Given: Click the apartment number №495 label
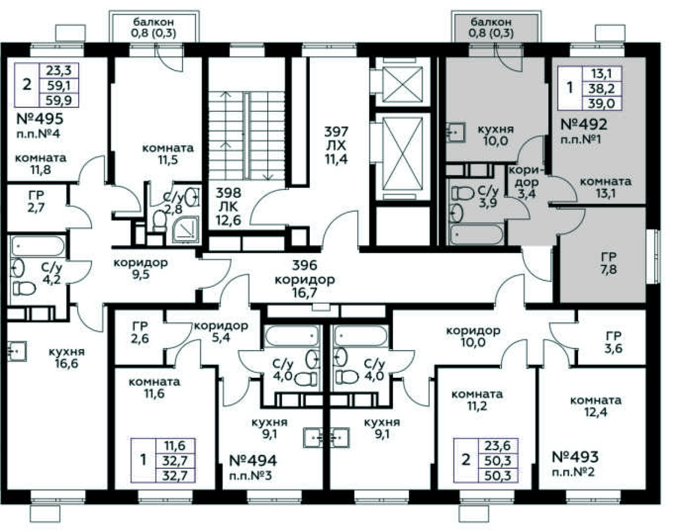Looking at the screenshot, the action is pyautogui.click(x=39, y=119).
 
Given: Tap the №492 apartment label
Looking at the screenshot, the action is pyautogui.click(x=583, y=124).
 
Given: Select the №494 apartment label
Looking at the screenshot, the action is pyautogui.click(x=253, y=461).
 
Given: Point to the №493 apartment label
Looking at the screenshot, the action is pyautogui.click(x=575, y=457).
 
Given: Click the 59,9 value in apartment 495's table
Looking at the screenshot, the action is pyautogui.click(x=59, y=101).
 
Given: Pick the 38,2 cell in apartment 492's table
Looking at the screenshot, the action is pyautogui.click(x=602, y=88).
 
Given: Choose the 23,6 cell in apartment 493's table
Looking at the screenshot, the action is pyautogui.click(x=498, y=446).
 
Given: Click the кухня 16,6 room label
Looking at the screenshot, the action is pyautogui.click(x=67, y=358).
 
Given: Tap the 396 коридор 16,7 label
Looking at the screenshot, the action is pyautogui.click(x=305, y=279).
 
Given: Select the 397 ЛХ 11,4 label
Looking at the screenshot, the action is pyautogui.click(x=336, y=145).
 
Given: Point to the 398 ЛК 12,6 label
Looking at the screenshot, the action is pyautogui.click(x=228, y=206).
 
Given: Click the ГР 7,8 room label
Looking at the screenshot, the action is pyautogui.click(x=609, y=263).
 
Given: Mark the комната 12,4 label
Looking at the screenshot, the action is pyautogui.click(x=596, y=406).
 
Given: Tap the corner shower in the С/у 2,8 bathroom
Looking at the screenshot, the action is pyautogui.click(x=186, y=229).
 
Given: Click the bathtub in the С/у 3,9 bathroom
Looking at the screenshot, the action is pyautogui.click(x=476, y=234).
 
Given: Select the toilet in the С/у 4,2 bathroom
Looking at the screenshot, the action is pyautogui.click(x=24, y=288).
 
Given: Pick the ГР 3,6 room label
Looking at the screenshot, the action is pyautogui.click(x=613, y=342).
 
